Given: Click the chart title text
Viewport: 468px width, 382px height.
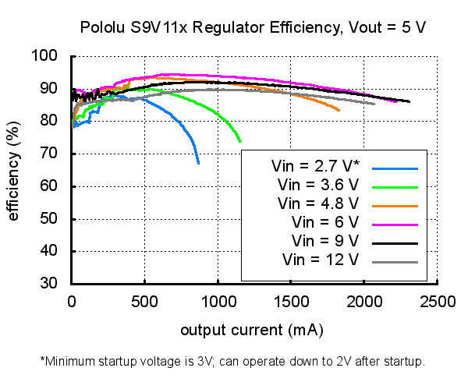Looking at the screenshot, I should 253,28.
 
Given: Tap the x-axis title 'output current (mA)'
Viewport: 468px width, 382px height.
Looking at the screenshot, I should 252,330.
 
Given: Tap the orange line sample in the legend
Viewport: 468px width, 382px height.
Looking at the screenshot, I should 396,205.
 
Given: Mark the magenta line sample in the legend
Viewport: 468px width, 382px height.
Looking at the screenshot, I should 396,224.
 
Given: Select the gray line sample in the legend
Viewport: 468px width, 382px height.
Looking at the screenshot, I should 396,260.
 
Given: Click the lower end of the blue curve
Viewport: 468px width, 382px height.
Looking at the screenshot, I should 198,163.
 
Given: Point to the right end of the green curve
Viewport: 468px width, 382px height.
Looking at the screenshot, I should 240,141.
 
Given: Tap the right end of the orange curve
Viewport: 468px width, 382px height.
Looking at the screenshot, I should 339,111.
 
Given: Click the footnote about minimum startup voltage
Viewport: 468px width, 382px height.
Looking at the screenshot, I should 232,362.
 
